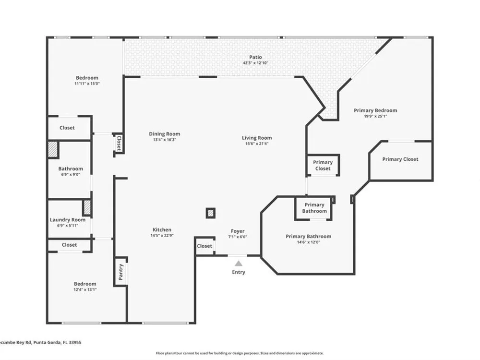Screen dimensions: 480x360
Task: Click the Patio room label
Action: click(255, 57)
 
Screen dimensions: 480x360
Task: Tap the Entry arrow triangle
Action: click(239, 264)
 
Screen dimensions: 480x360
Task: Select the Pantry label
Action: click(120, 272)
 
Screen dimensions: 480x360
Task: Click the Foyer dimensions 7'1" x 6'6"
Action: click(238, 237)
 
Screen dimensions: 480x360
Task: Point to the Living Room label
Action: click(257, 138)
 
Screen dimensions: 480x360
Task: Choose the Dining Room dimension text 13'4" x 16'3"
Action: click(164, 140)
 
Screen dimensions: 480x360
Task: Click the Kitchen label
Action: click(162, 229)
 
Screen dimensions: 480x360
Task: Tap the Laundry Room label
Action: click(68, 220)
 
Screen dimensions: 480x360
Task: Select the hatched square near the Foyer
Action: click(210, 213)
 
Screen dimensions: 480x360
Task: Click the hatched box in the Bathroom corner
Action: click(53, 149)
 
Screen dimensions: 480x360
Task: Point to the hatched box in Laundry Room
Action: click(87, 207)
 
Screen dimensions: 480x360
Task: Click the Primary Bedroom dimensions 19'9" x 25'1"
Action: click(375, 116)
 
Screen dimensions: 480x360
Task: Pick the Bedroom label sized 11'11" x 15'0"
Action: click(87, 78)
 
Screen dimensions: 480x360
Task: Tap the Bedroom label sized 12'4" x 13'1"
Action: click(85, 284)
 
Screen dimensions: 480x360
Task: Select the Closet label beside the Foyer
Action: click(204, 246)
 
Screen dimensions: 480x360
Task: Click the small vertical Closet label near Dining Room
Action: click(119, 144)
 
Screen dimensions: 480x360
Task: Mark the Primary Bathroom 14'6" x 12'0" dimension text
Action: click(308, 242)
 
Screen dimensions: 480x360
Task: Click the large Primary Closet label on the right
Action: click(400, 159)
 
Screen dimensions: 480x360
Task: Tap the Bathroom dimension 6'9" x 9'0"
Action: click(71, 175)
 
